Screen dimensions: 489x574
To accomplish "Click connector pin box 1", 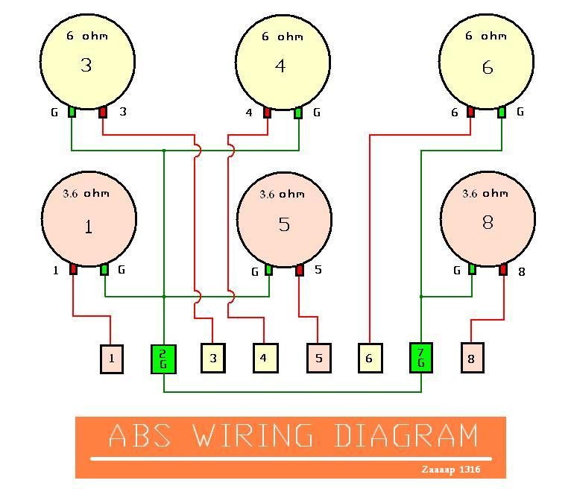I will (x=111, y=359).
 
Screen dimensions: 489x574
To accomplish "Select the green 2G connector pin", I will (x=163, y=359).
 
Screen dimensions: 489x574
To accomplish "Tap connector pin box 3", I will (x=212, y=359).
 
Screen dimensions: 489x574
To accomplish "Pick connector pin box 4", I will (x=264, y=358).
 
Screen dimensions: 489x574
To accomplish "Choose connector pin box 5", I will (x=318, y=358).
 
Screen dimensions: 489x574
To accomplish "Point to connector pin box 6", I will (x=369, y=358).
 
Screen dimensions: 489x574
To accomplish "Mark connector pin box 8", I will (x=472, y=358).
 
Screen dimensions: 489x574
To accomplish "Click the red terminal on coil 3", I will (x=103, y=112).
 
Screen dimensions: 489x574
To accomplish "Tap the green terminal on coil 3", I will (x=72, y=112).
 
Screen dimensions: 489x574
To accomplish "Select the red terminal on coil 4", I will (x=267, y=113).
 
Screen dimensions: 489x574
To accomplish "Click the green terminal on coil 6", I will (x=502, y=112).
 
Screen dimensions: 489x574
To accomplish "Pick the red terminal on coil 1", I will (x=73, y=269).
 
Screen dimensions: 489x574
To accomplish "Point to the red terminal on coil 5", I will (x=300, y=269).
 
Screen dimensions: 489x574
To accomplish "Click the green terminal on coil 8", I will (x=472, y=268).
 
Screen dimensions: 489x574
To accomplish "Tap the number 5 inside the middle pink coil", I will (x=283, y=224).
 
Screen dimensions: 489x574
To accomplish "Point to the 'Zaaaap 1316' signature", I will (x=450, y=470).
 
